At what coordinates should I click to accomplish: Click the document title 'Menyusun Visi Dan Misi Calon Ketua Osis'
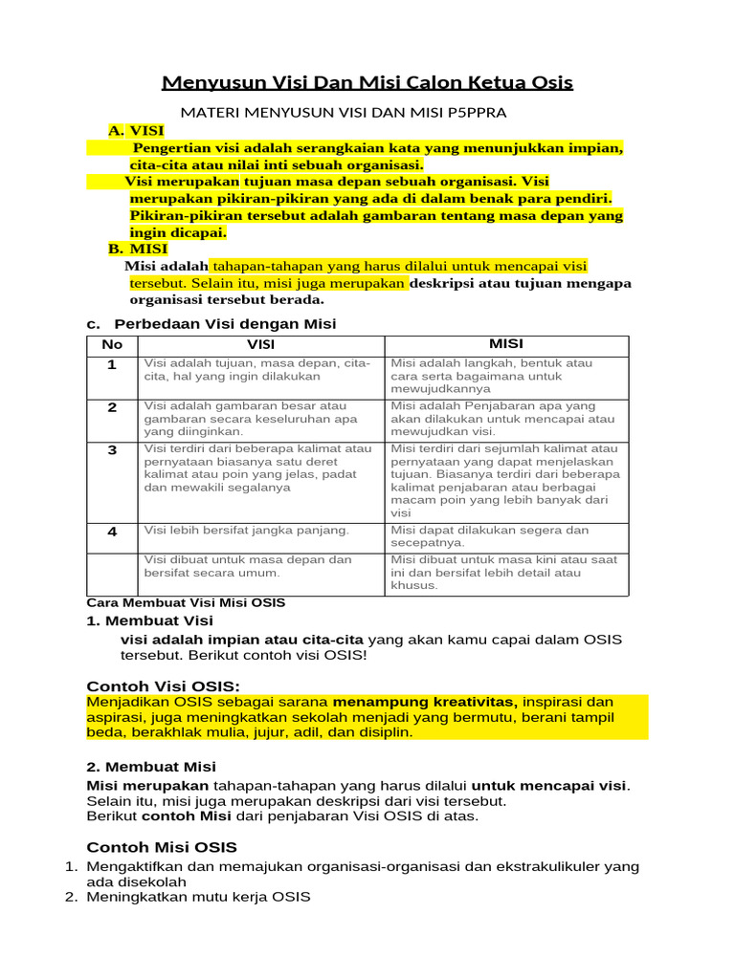pos(367,82)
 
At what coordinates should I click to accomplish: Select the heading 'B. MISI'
pos(138,249)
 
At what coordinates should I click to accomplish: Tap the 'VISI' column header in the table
pos(260,345)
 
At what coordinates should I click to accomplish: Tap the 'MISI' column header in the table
pos(506,344)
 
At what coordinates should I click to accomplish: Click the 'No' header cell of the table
pos(112,345)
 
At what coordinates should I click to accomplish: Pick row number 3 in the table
pos(112,449)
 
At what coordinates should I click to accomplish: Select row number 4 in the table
pos(112,532)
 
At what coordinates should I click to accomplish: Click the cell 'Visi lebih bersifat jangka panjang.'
pos(247,530)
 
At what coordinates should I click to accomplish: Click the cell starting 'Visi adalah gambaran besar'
pos(251,419)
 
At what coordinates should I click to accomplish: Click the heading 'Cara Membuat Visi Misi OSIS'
pos(186,603)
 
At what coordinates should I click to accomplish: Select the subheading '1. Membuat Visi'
pos(149,621)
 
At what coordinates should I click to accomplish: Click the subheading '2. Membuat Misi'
pos(151,767)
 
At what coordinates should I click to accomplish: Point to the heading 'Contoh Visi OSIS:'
pos(163,686)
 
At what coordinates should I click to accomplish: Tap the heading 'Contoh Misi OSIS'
pos(162,847)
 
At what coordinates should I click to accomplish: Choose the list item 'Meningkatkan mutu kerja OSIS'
pos(198,898)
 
